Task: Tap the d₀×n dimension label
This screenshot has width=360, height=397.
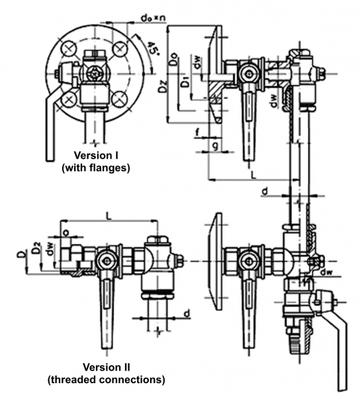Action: tap(154, 18)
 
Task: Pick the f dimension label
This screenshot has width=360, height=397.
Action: tap(198, 132)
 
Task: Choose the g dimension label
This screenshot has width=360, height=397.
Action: tap(215, 146)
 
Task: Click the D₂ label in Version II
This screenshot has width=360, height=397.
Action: tap(36, 248)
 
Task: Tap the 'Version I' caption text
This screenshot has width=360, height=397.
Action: tap(96, 155)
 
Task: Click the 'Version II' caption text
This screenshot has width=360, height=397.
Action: tap(107, 367)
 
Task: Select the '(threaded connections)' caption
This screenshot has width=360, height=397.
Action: tap(107, 380)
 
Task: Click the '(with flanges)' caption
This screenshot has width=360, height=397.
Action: tap(96, 167)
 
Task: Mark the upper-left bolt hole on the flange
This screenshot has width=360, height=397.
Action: tap(69, 49)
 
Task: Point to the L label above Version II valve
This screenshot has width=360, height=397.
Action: tap(108, 216)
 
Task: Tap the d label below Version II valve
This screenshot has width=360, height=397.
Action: tap(187, 313)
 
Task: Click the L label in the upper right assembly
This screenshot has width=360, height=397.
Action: tap(253, 175)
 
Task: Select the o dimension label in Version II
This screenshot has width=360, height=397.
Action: tap(66, 232)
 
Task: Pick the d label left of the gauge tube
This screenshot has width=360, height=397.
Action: tap(265, 191)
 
